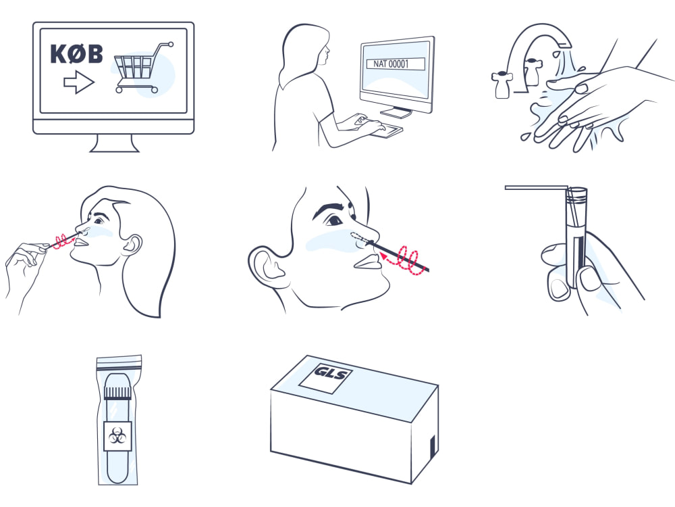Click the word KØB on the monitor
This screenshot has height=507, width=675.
click(x=77, y=54)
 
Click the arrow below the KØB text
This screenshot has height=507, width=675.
click(x=79, y=82)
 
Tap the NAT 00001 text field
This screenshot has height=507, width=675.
click(x=396, y=64)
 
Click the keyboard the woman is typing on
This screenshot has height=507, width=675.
click(x=387, y=130)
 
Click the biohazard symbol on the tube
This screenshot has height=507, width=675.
click(x=117, y=436)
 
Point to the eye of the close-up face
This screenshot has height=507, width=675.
click(x=334, y=221)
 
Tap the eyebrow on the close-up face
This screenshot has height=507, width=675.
click(x=329, y=208)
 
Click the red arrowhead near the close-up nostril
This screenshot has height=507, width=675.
click(x=383, y=256)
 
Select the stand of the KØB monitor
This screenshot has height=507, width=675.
click(x=114, y=143)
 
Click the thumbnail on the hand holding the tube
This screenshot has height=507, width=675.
click(x=589, y=279)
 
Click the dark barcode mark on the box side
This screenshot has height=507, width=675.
click(x=433, y=446)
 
